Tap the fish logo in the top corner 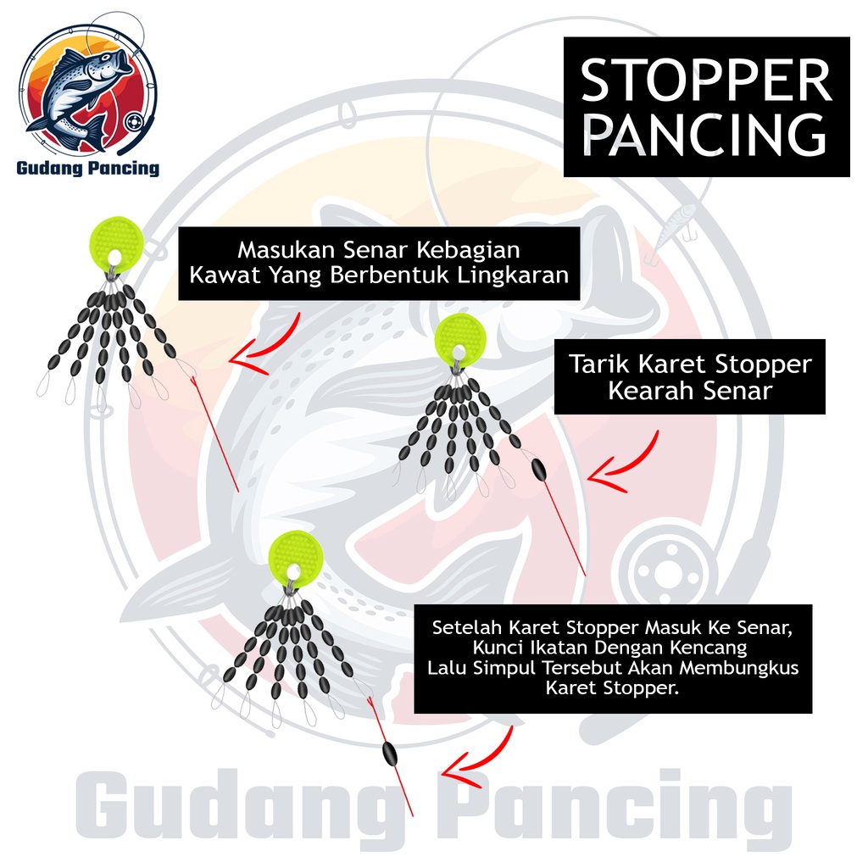[86, 88]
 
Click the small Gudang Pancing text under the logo [87, 168]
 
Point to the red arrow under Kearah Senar [625, 464]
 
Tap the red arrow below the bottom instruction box [479, 757]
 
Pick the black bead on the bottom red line [390, 751]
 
